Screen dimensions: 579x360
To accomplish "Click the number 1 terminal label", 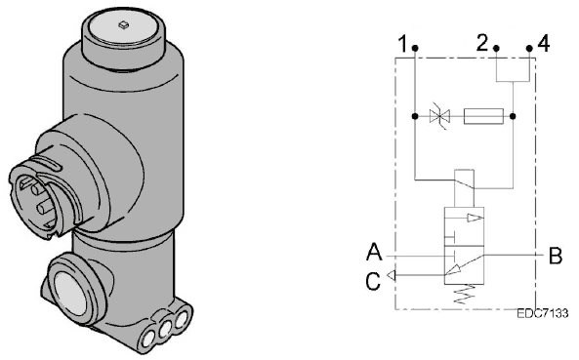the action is [x=403, y=44].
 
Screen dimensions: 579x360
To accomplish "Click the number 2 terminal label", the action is [x=482, y=42].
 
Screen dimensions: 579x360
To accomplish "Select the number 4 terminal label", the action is [x=543, y=43].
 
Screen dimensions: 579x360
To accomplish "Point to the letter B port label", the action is [x=556, y=256].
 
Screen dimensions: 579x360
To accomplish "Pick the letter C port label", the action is [x=373, y=281].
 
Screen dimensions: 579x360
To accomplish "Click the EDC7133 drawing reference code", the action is [x=542, y=313].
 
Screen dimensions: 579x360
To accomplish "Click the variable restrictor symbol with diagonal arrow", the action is [x=439, y=116].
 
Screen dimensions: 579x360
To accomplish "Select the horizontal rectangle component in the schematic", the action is [x=483, y=116].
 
